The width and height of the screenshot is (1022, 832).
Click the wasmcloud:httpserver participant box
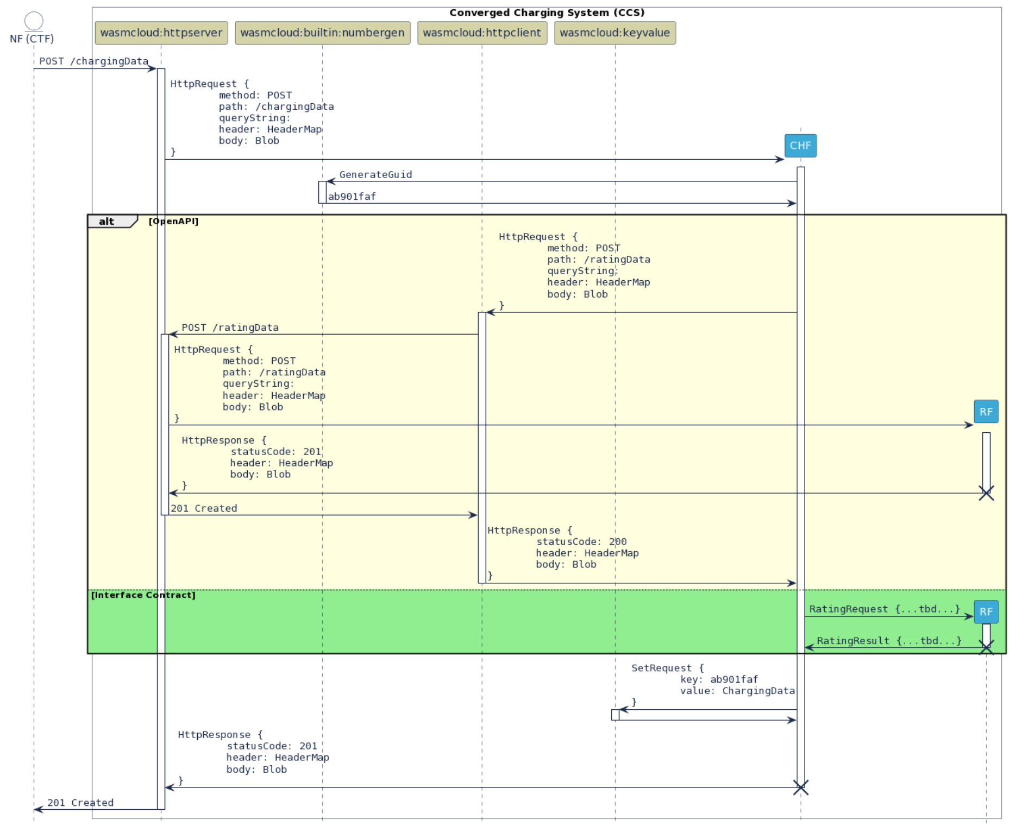[x=161, y=33]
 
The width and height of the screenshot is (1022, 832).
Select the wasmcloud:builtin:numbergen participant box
[x=322, y=33]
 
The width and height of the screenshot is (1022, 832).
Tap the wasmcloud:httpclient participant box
[x=482, y=33]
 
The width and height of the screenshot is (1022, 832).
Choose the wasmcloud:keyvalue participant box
[x=615, y=33]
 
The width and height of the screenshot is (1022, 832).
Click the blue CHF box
[x=800, y=146]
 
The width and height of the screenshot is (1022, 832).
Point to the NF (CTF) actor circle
[x=34, y=21]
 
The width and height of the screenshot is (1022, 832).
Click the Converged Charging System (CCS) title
[x=547, y=12]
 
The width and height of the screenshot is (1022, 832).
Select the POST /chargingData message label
[x=93, y=61]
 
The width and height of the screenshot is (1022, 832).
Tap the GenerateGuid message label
[x=375, y=175]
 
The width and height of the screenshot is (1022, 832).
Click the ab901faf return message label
[x=352, y=197]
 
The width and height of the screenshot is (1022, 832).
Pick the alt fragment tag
[x=107, y=222]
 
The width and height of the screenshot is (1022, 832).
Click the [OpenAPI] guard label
[x=173, y=222]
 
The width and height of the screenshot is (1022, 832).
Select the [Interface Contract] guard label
[x=143, y=595]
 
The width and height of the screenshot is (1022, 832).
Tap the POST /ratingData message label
[x=230, y=328]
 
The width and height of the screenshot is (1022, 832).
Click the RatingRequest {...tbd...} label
[x=884, y=609]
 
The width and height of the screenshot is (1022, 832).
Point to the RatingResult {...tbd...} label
[x=889, y=641]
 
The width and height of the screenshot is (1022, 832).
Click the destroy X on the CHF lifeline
[x=800, y=787]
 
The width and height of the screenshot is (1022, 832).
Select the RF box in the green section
[x=986, y=612]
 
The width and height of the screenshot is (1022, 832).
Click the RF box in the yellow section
[x=986, y=412]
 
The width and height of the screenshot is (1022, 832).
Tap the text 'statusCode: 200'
[x=581, y=542]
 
